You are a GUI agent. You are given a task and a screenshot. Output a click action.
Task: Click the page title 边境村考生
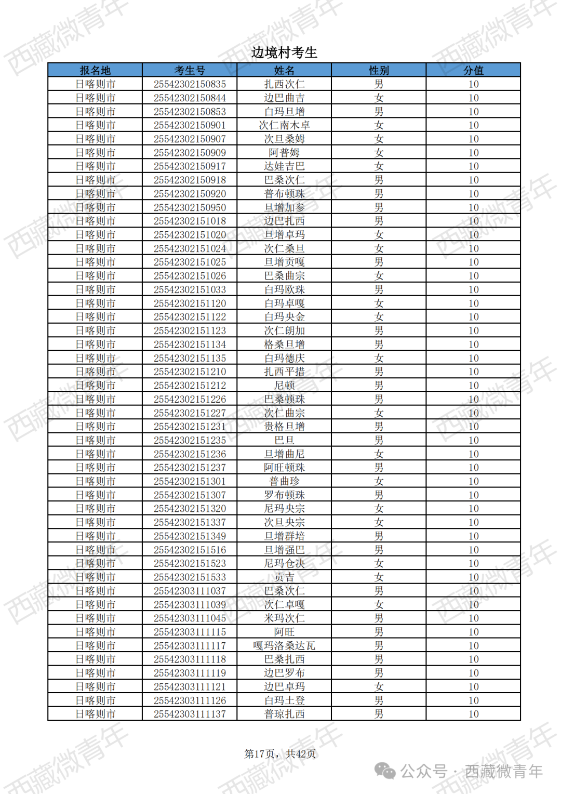tap(284, 52)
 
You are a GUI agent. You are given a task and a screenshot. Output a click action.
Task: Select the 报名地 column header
tap(95, 70)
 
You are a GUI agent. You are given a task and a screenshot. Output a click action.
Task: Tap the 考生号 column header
tap(190, 70)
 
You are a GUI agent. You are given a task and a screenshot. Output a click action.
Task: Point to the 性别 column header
tap(379, 70)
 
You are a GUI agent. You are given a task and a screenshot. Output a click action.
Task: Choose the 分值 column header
tap(473, 70)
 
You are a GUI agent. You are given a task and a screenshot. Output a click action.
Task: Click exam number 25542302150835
tap(190, 84)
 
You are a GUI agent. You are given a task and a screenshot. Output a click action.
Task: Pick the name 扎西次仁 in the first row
tap(284, 84)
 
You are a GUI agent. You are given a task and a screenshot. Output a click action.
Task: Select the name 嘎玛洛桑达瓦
tap(284, 645)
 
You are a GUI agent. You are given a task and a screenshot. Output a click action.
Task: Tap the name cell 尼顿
tap(284, 385)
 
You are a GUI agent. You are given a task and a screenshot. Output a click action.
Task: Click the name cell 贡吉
tap(284, 577)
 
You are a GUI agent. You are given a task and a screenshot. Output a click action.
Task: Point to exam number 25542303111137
tap(190, 714)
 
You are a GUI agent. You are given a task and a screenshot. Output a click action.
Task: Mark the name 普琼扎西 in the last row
tap(284, 714)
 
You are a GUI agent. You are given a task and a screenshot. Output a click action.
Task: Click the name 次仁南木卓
tap(284, 125)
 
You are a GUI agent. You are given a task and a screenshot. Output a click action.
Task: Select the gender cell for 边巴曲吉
tap(379, 98)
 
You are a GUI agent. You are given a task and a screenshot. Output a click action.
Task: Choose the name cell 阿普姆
tap(284, 153)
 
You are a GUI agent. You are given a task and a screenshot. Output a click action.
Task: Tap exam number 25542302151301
tap(190, 481)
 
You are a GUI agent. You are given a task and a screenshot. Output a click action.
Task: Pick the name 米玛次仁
tap(284, 618)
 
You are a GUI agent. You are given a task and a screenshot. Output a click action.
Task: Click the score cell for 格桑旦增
tap(473, 344)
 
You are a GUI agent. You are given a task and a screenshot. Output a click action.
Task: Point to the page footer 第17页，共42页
tap(280, 753)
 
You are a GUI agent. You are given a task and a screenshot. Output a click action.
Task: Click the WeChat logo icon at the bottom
tap(385, 771)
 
